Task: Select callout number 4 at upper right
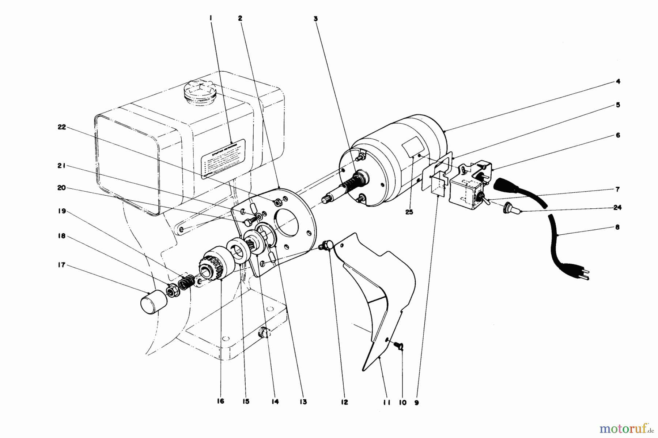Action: (617, 82)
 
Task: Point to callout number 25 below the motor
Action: (409, 212)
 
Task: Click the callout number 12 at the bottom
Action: (344, 402)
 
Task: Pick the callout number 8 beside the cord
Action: (617, 227)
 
